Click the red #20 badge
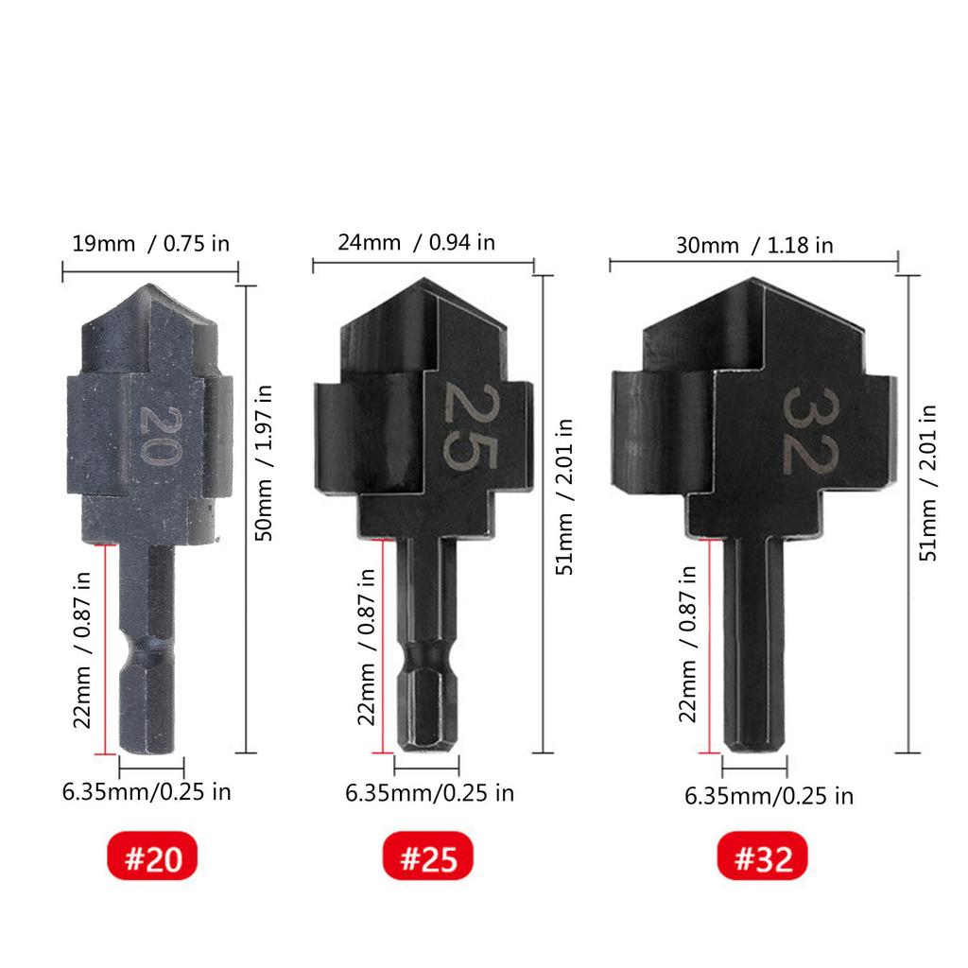pos(152,856)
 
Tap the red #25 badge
pos(428,856)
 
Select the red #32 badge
pos(763,856)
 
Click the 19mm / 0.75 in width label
pos(150,244)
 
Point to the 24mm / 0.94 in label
pos(416,243)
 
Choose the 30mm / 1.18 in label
pos(754,246)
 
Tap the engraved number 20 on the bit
pos(159,435)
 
